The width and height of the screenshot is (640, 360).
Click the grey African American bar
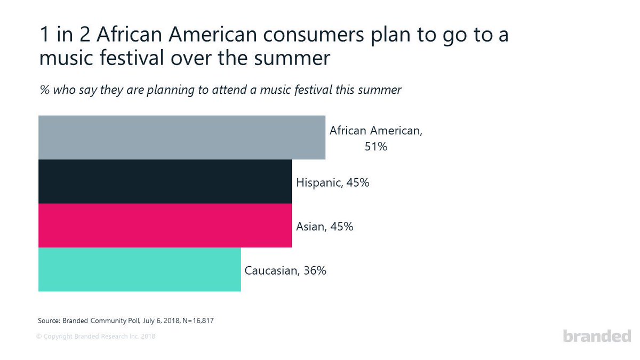[181, 137]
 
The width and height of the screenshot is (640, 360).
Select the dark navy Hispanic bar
[165, 181]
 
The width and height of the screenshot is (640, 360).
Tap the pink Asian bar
[165, 226]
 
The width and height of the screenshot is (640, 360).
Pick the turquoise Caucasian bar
[139, 270]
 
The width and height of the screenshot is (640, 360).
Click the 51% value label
[375, 146]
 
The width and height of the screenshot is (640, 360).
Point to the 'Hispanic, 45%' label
[332, 183]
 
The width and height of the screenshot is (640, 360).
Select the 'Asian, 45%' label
[324, 227]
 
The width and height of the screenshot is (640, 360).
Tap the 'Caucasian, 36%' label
[285, 270]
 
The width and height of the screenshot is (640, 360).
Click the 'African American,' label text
[375, 131]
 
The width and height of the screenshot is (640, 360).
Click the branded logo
[597, 336]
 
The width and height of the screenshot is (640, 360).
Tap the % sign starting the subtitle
[45, 90]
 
